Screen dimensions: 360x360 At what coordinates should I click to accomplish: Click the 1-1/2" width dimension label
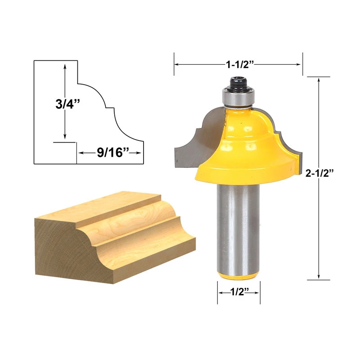pos(240,64)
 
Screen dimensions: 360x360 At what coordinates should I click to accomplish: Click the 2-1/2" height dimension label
pos(319,173)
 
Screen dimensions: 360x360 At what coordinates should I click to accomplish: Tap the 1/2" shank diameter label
pos(239,292)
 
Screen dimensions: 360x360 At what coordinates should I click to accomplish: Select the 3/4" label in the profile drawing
pos(67,104)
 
